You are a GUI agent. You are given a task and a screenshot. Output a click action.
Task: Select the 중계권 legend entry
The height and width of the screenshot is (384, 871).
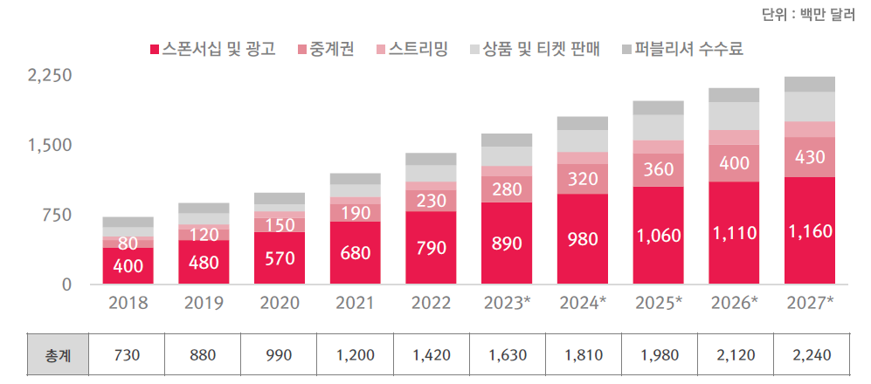[x=325, y=49]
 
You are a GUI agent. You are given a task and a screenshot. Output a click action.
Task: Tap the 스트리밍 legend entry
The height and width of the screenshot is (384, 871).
[x=411, y=49]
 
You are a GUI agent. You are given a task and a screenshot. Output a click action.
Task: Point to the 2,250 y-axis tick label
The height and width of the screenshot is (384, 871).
[x=49, y=76]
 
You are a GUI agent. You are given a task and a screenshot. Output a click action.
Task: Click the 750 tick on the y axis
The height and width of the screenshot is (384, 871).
[x=58, y=215]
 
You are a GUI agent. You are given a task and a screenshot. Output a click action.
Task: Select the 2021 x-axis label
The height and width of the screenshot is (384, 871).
[x=355, y=304]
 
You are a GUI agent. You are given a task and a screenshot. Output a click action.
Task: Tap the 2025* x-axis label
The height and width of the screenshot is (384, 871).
[x=658, y=304]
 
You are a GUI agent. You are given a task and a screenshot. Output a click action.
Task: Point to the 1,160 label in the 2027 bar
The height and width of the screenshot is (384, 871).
[x=810, y=232]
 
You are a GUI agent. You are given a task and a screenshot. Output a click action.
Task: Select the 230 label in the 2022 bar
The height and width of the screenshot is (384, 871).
[x=431, y=201]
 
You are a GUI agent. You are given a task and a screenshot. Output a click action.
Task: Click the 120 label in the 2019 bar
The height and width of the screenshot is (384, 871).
[x=204, y=233]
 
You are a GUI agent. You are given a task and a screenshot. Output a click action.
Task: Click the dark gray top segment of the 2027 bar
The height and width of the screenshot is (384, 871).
[x=810, y=85]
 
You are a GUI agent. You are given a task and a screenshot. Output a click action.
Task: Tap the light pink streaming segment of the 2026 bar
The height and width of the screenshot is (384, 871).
[x=734, y=137]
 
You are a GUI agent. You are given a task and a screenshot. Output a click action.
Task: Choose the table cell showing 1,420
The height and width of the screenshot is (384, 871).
[x=431, y=356]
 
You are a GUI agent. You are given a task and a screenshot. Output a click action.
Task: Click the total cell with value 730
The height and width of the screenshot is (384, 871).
[x=128, y=356]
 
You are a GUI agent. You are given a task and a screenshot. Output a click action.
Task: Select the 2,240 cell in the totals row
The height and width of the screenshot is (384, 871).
[x=810, y=356]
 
